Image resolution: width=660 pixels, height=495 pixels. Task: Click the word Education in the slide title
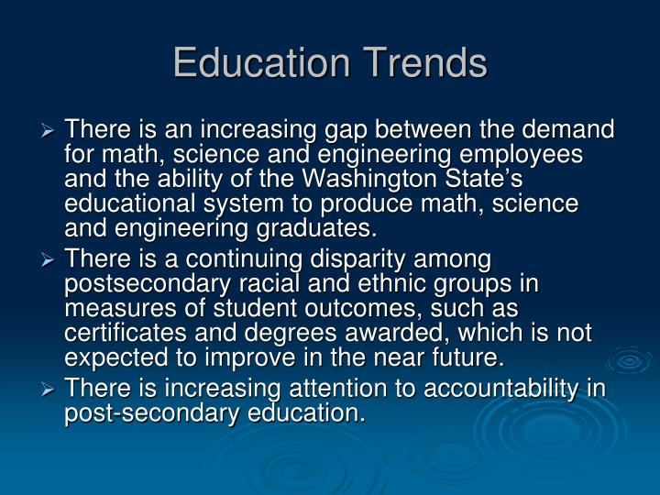(261, 62)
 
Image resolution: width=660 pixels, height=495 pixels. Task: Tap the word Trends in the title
(424, 62)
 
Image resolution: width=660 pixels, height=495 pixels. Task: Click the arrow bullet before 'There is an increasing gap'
(48, 131)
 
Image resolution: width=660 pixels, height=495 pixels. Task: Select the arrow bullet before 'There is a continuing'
(48, 260)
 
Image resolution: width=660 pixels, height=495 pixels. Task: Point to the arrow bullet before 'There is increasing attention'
(48, 390)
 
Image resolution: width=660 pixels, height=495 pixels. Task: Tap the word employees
(521, 155)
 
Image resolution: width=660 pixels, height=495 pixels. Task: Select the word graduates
(316, 229)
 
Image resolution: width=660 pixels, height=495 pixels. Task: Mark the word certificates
(126, 333)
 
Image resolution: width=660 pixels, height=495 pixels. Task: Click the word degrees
(291, 335)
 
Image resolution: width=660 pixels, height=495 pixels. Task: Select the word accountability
(500, 389)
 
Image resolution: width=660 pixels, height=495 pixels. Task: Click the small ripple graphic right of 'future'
(630, 360)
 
